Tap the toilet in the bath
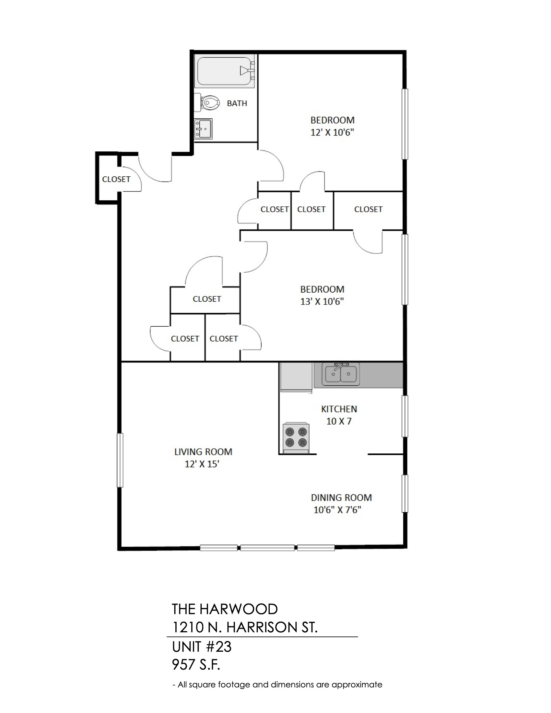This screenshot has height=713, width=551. click(205, 102)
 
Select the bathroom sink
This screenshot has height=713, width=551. click(203, 129)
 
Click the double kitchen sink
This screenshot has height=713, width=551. click(341, 373)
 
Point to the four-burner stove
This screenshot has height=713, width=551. click(296, 438)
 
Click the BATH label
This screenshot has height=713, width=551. click(237, 103)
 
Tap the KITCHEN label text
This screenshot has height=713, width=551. click(339, 409)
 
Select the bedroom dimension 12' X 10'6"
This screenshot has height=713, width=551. click(332, 133)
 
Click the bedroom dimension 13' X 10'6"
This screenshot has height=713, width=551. click(322, 301)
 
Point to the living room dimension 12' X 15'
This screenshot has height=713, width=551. click(202, 464)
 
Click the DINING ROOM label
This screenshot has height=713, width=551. click(341, 498)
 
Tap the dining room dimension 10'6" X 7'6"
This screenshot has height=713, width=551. click(337, 510)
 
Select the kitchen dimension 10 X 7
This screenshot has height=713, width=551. click(339, 421)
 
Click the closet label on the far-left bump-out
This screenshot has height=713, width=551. click(116, 179)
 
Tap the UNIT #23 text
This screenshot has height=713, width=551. click(202, 647)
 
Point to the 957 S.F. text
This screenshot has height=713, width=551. click(196, 665)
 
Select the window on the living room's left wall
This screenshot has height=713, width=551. click(120, 460)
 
